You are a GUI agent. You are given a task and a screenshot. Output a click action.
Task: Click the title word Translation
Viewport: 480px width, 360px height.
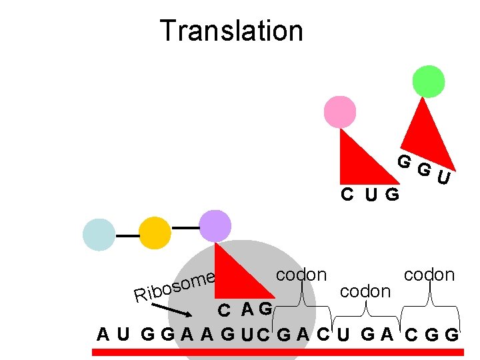coord(231,31)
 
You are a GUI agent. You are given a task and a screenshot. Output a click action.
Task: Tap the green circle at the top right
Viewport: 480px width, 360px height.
coord(428,81)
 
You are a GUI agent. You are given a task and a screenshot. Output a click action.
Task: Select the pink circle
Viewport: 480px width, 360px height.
coord(339,111)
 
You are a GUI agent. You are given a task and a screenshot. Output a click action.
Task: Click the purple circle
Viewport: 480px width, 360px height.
coord(215,226)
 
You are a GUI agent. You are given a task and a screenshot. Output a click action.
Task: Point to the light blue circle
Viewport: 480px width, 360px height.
coord(99,235)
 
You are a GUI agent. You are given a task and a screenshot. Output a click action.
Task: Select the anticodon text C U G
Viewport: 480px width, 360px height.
coord(370,195)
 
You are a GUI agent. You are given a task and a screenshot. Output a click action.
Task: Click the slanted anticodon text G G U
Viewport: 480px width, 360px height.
coord(424,169)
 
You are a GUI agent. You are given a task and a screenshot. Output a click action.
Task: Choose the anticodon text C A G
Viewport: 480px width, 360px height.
coord(246,309)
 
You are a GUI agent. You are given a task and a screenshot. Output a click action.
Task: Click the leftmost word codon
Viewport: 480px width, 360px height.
coord(301,274)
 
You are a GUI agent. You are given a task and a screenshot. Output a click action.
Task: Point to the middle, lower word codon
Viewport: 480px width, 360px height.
coord(365,291)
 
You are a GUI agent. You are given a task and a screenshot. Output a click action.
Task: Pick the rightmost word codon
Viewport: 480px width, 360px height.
coord(429,274)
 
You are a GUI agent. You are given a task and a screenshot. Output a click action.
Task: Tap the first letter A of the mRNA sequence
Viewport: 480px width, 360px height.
coord(103,333)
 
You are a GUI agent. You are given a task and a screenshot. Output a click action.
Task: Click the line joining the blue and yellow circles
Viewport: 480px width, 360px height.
coord(127,235)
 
